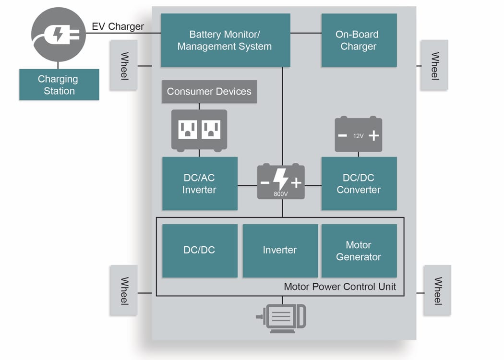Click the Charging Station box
point(59,84)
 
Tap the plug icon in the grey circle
point(59,34)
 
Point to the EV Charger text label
point(118,26)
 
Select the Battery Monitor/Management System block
point(225,40)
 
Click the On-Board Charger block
point(359,40)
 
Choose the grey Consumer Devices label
point(209,92)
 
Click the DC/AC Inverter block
point(200,183)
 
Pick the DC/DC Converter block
point(359,183)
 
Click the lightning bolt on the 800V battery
point(281,180)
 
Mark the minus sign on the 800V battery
point(264,183)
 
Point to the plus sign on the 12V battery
point(373,135)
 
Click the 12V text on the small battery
point(358,136)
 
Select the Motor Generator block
point(359,251)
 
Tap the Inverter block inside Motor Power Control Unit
point(280,251)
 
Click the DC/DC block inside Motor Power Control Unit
point(200,251)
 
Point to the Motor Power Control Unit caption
point(340,287)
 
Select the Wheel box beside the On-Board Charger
point(434,65)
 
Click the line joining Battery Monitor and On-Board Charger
point(306,33)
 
